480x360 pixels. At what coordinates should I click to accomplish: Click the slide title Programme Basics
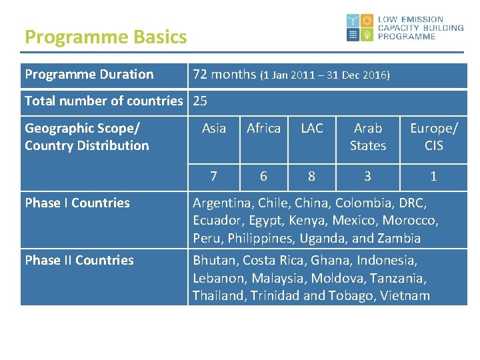tap(105, 37)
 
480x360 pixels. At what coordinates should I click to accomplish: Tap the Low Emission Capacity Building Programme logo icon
tap(361, 28)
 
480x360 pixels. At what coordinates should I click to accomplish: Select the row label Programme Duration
tap(89, 75)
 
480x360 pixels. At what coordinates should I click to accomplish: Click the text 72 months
tap(223, 75)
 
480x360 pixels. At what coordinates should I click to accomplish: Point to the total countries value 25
tap(200, 101)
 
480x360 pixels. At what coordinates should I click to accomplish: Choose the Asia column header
tap(213, 128)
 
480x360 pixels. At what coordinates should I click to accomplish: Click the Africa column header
tap(263, 128)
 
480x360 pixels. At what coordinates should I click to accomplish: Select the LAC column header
tap(311, 128)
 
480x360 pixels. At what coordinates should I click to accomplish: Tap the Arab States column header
tap(368, 137)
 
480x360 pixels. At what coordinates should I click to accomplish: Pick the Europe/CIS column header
tap(434, 137)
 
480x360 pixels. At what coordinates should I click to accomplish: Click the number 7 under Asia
tap(213, 176)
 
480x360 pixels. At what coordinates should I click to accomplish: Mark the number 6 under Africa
tap(263, 176)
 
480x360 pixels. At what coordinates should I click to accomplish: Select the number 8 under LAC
tap(311, 176)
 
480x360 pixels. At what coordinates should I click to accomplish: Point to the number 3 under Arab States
tap(368, 176)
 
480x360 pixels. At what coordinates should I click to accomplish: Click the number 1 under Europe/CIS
tap(434, 176)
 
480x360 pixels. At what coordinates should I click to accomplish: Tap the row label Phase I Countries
tap(77, 203)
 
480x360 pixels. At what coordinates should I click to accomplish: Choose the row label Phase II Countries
tap(79, 261)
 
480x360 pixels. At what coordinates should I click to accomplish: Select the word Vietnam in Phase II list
tap(405, 296)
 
